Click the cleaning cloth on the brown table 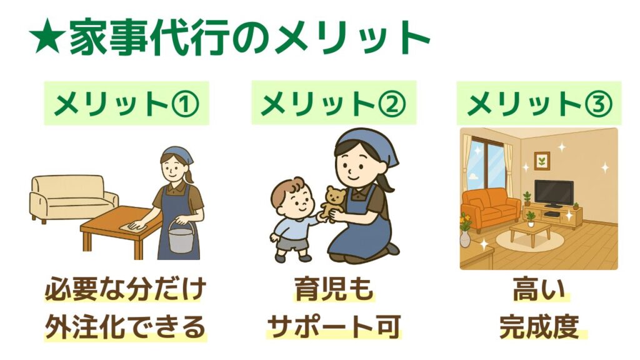132,226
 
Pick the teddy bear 332,201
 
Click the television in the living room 554,193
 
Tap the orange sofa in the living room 491,208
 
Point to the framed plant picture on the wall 542,161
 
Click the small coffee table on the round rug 530,233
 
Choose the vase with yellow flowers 465,231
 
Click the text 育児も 334,289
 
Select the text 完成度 539,326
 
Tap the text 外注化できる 125,326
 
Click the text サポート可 334,326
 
